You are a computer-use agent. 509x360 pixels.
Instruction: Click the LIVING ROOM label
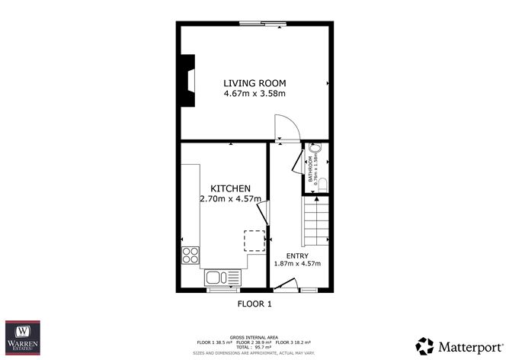pyautogui.click(x=254, y=83)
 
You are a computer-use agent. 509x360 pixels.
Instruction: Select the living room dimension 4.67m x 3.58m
pyautogui.click(x=254, y=94)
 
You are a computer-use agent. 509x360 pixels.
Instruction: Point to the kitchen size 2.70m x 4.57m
pyautogui.click(x=230, y=199)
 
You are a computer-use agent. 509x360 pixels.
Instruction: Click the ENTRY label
pyautogui.click(x=297, y=256)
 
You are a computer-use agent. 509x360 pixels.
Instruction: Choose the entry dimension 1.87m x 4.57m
pyautogui.click(x=297, y=265)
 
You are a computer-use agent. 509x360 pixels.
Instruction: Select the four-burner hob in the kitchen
pyautogui.click(x=190, y=256)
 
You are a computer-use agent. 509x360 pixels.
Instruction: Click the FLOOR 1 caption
pyautogui.click(x=254, y=304)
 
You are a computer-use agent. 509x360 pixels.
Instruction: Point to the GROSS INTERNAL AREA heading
pyautogui.click(x=254, y=336)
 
